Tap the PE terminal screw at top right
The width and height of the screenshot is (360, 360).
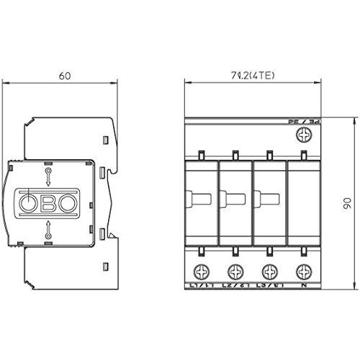click(x=305, y=135)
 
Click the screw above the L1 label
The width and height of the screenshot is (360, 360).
click(x=200, y=271)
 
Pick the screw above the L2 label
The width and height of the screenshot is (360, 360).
click(x=235, y=271)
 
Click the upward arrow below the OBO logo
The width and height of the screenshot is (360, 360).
click(x=48, y=230)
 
